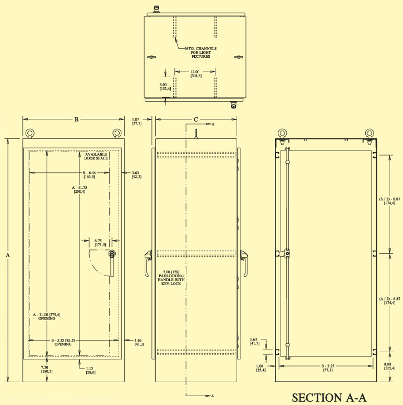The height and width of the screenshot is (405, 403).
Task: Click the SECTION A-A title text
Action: (x=330, y=397)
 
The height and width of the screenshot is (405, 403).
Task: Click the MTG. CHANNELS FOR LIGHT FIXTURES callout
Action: (x=200, y=52)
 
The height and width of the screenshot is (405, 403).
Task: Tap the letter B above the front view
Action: (x=76, y=119)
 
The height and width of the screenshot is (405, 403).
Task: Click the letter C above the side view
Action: (x=195, y=119)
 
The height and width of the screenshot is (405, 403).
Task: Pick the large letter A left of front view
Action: (x=7, y=256)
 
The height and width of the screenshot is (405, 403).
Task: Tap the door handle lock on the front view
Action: (x=112, y=254)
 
